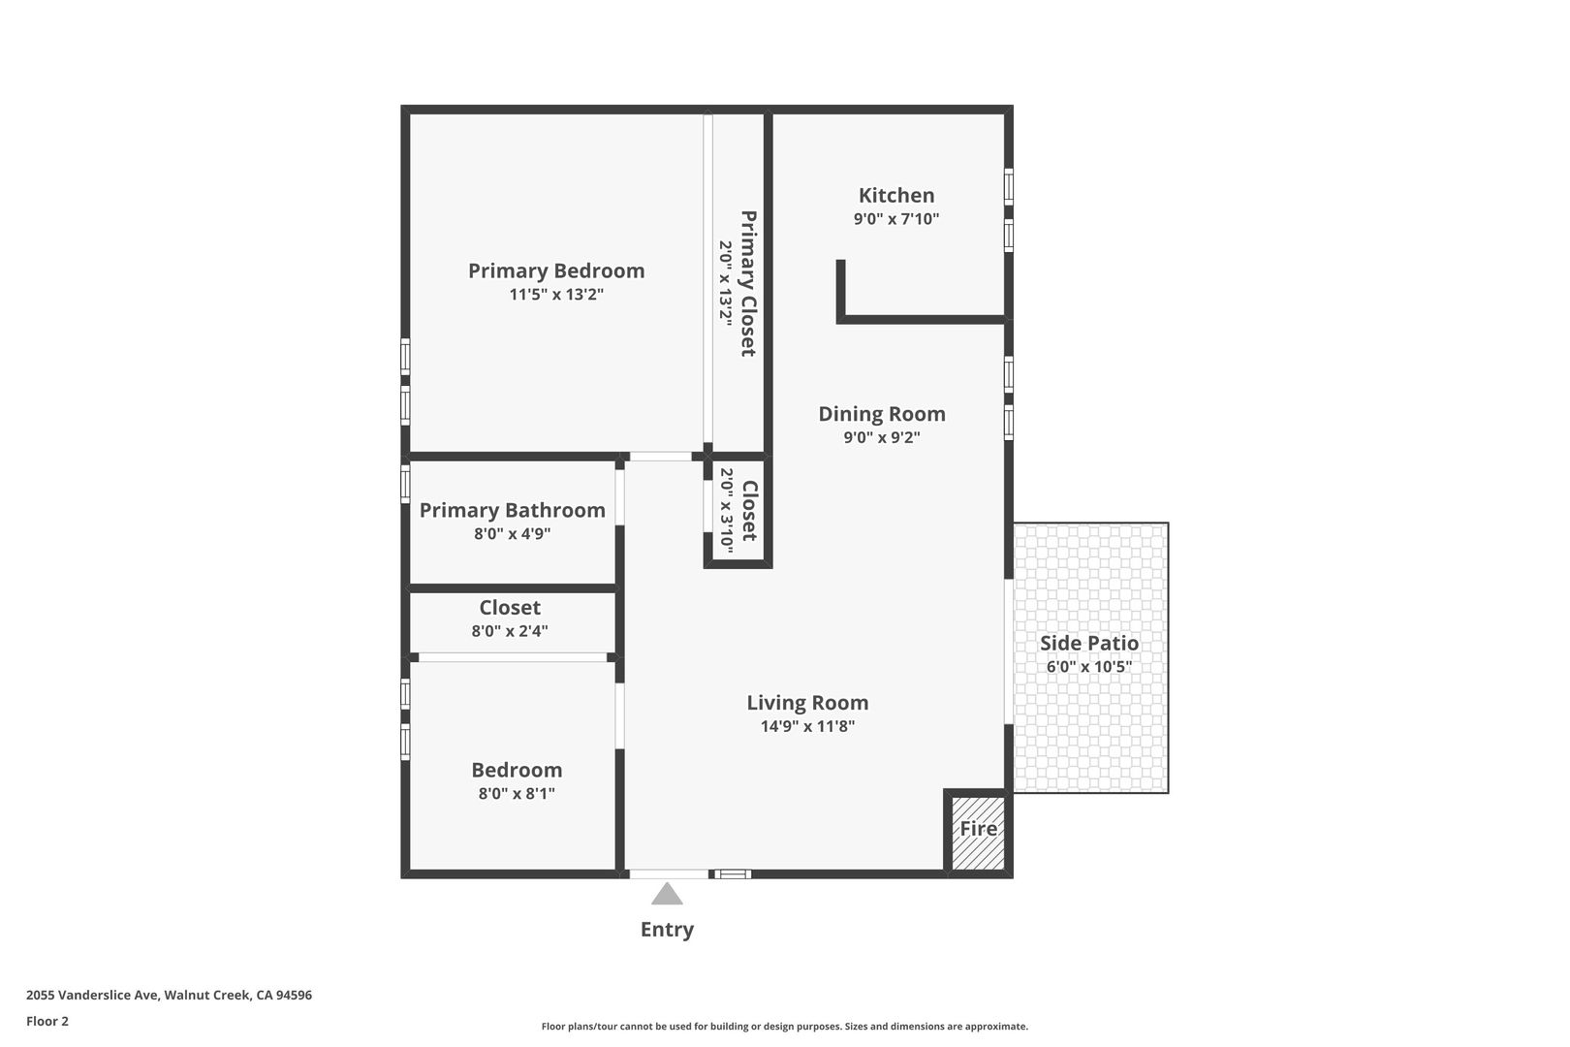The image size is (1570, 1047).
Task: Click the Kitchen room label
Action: click(x=895, y=195)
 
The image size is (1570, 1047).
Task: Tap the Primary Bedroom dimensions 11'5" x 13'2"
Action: click(x=556, y=294)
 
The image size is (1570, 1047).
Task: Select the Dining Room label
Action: click(x=882, y=414)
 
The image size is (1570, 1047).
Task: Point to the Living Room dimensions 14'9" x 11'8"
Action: click(x=807, y=726)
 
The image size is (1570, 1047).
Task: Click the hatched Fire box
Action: click(x=978, y=833)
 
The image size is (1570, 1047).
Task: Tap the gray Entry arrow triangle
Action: click(x=667, y=894)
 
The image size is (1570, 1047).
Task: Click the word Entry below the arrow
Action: click(x=667, y=929)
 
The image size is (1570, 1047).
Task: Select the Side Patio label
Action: click(x=1089, y=643)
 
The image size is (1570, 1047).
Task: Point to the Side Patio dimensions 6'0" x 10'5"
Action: click(x=1089, y=666)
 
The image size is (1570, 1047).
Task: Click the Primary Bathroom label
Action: click(x=513, y=510)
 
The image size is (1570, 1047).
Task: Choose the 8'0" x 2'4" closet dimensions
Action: click(x=510, y=630)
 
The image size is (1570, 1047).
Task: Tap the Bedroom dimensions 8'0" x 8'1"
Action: click(x=517, y=793)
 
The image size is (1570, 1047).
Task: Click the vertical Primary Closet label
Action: click(x=748, y=283)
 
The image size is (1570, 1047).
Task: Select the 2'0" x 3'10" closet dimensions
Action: click(x=727, y=511)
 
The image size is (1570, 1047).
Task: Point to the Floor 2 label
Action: click(x=47, y=1021)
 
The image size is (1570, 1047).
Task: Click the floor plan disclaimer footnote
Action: click(x=784, y=1026)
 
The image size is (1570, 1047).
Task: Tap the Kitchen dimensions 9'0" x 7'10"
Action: click(x=895, y=219)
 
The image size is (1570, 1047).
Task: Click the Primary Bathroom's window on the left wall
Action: click(x=405, y=484)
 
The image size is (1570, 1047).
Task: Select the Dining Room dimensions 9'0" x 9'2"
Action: click(x=882, y=437)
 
